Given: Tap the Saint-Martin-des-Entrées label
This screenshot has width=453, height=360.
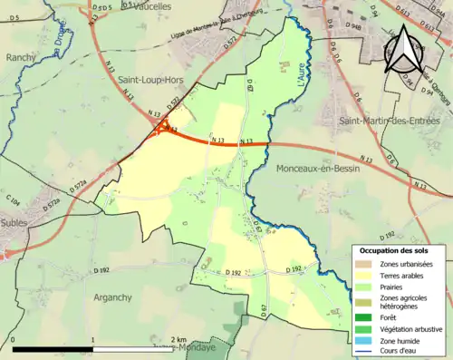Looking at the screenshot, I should pyautogui.click(x=388, y=121).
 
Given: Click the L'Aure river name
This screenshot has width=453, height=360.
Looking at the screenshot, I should pyautogui.click(x=301, y=71).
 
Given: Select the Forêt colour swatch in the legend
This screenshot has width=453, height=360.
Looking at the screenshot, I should pyautogui.click(x=363, y=317).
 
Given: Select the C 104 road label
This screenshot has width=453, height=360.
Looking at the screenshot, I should pyautogui.click(x=16, y=199).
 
